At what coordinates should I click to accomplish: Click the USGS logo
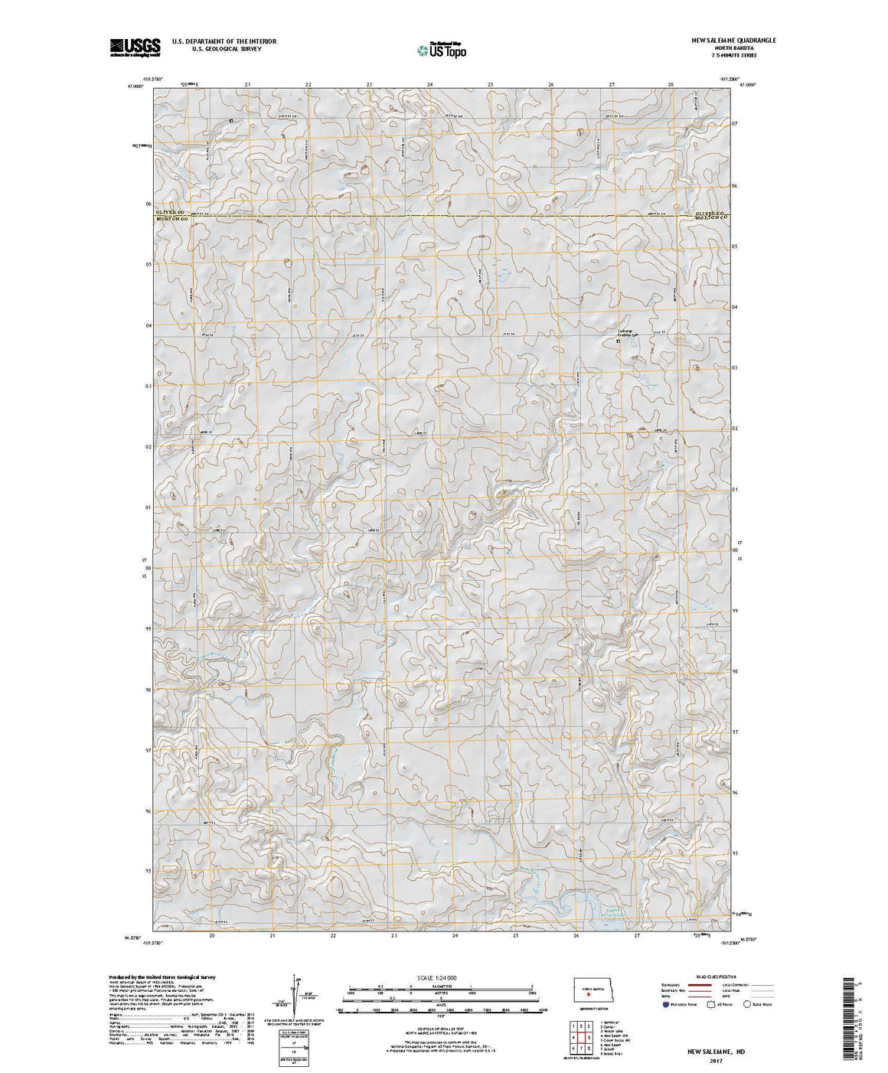[135, 47]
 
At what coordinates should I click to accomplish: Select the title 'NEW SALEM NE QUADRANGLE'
[721, 41]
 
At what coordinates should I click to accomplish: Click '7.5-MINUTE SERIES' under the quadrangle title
[721, 55]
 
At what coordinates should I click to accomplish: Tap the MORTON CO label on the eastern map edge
[710, 219]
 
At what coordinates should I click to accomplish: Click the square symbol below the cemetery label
[619, 341]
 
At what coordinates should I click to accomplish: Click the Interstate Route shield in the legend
[668, 1004]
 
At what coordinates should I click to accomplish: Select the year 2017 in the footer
[717, 1061]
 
